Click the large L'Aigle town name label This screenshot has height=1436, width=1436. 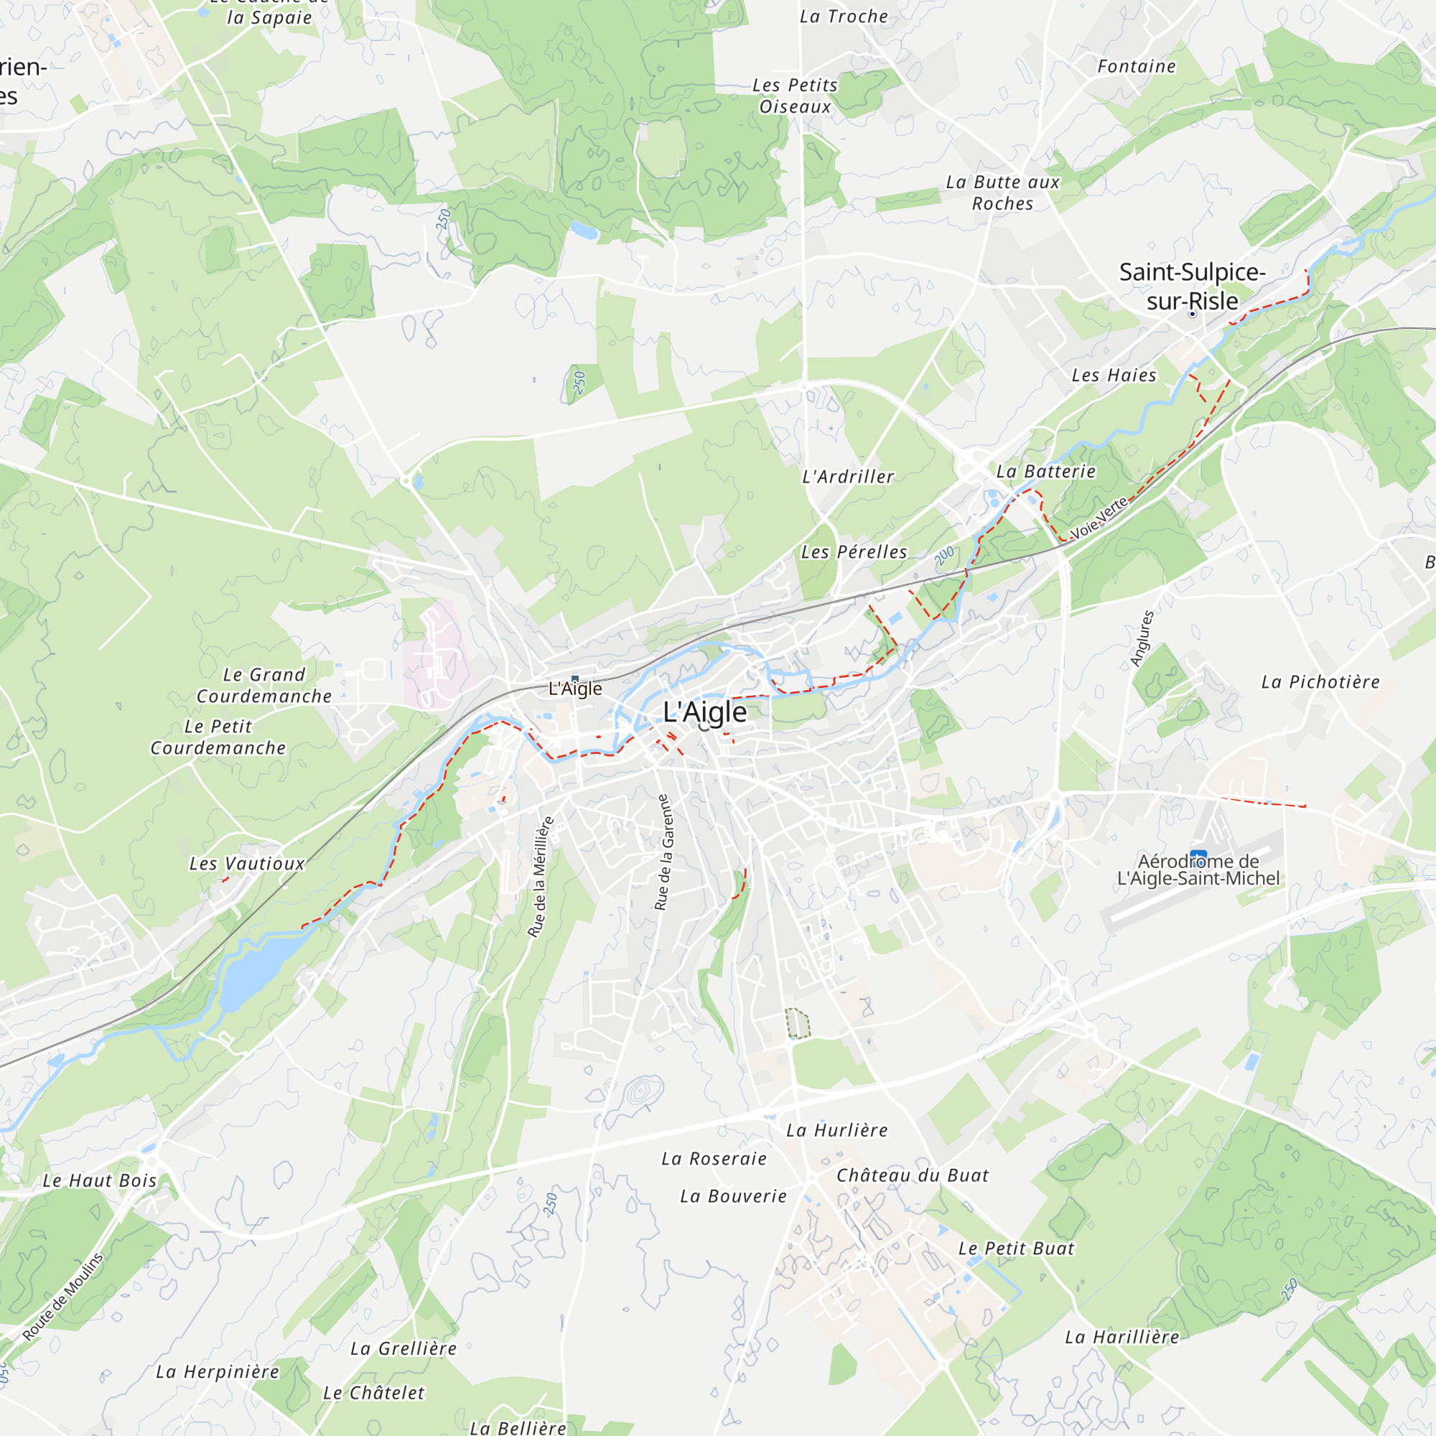[704, 712]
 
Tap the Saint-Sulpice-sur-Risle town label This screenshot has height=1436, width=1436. [1191, 286]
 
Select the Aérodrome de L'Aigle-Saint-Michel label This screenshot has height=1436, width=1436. [1198, 869]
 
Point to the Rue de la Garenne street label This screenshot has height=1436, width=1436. [663, 852]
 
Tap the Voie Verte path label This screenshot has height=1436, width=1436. [1099, 518]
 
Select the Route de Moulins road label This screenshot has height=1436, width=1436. [62, 1297]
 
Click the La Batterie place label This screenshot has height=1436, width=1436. [1046, 471]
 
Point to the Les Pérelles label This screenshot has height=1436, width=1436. [854, 551]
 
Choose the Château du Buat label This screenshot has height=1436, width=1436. [912, 1175]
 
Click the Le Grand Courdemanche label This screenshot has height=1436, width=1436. [264, 685]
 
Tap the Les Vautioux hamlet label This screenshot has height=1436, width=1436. [247, 863]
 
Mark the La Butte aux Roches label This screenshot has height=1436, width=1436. [1002, 192]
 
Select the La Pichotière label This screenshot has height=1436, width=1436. [1320, 681]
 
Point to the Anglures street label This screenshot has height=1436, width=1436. [1142, 638]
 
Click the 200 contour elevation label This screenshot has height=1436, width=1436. [944, 555]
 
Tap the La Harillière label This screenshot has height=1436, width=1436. [1122, 1337]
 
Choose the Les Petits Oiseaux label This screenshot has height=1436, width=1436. [795, 96]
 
